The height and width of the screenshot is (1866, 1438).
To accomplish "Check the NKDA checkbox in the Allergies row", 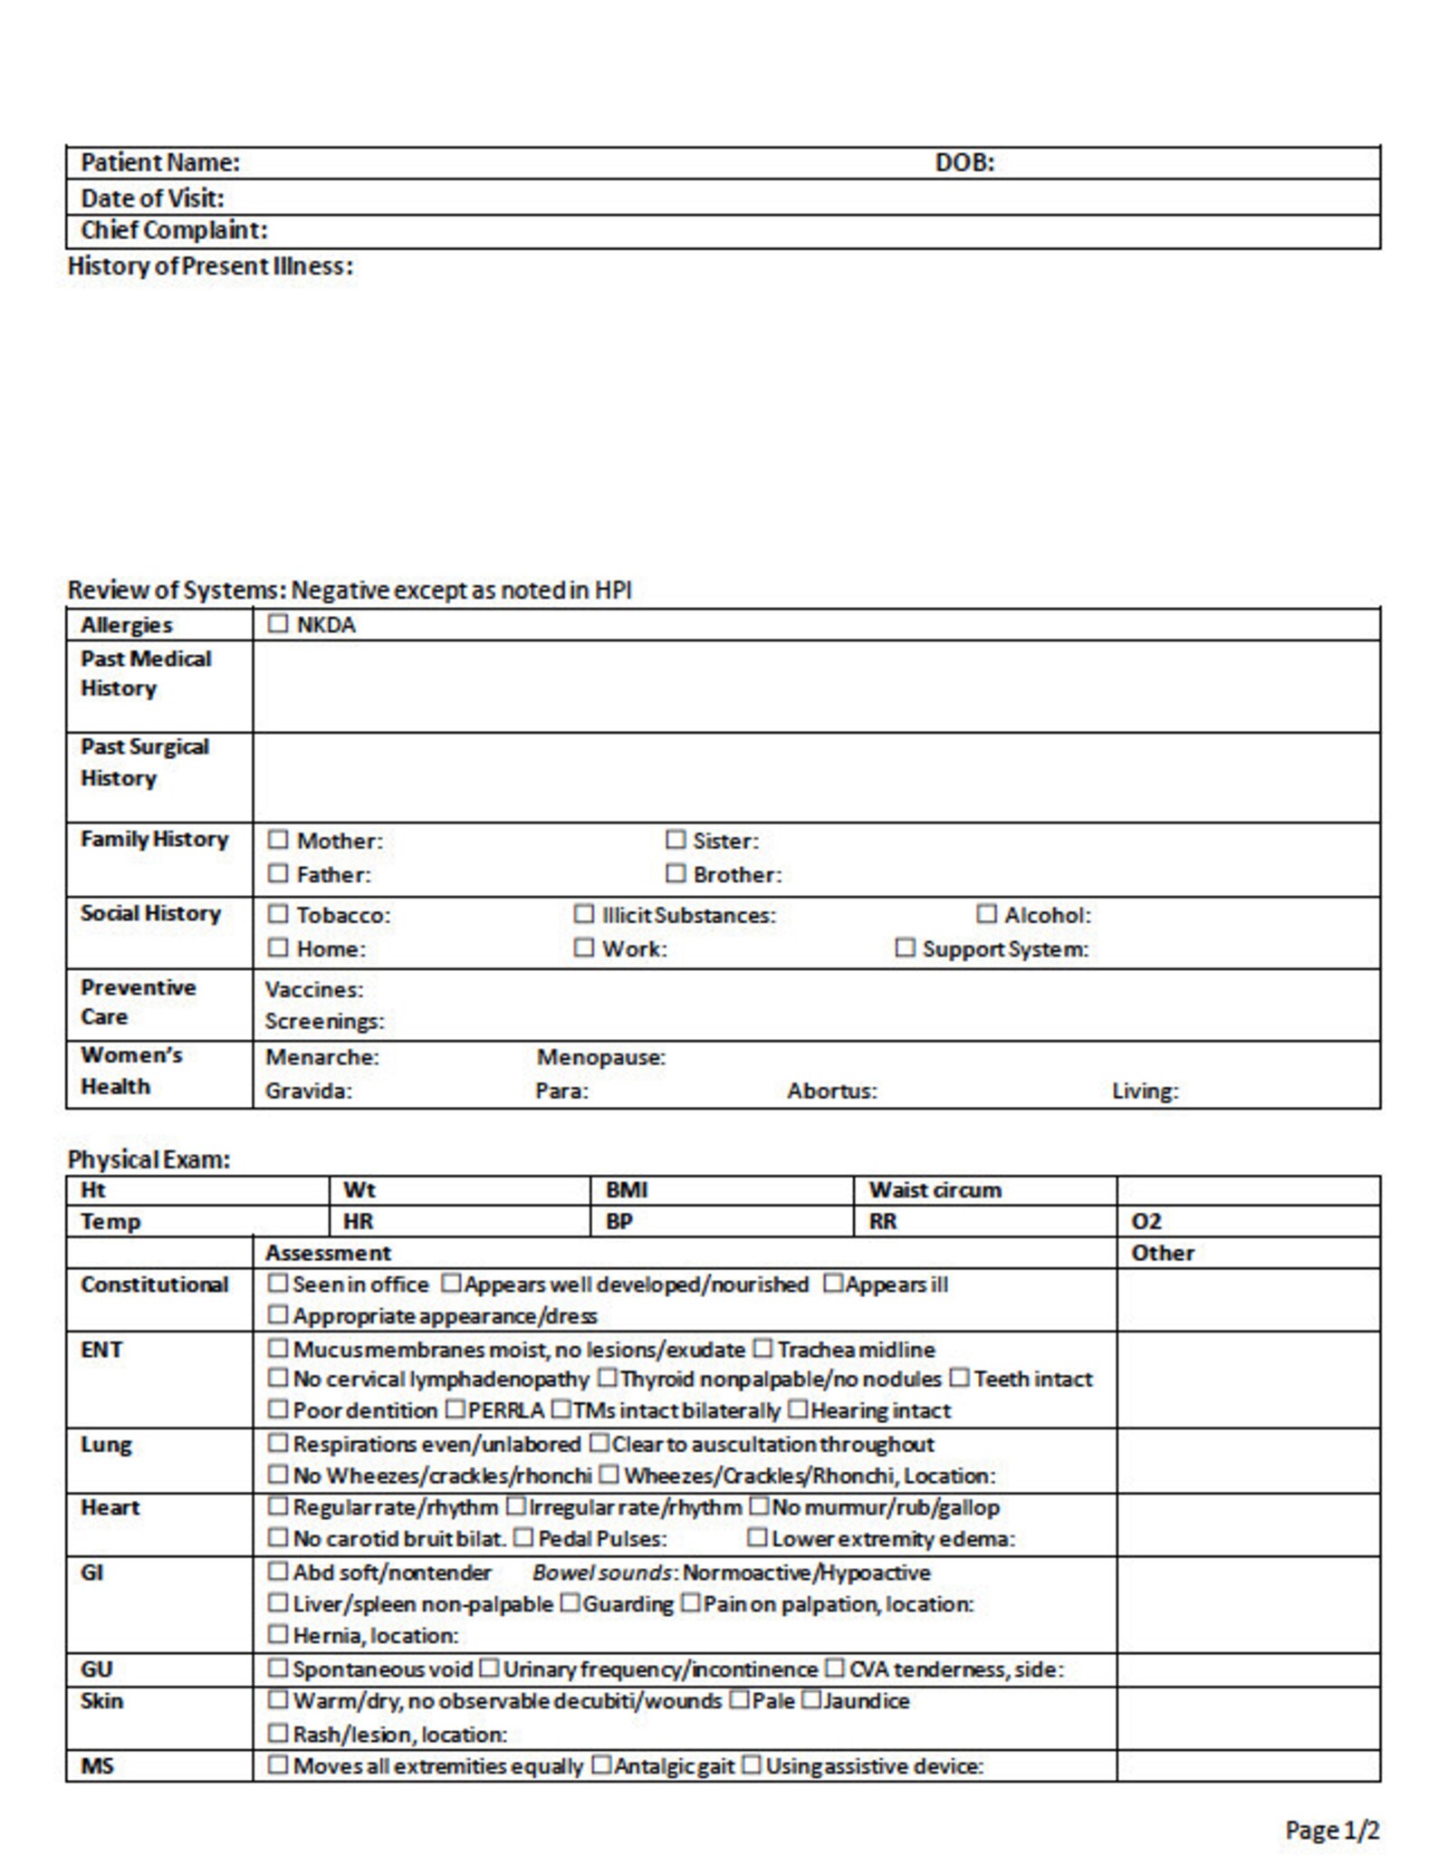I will point(278,623).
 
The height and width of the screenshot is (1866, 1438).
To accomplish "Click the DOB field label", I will point(963,163).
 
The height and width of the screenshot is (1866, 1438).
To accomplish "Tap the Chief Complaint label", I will point(174,230).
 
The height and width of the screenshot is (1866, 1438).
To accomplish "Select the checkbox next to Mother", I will point(278,840).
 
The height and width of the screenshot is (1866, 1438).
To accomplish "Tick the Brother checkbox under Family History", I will point(675,873).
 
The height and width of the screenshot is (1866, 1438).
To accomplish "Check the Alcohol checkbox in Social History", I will point(986,914).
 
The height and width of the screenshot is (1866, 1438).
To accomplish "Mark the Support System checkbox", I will point(905,947).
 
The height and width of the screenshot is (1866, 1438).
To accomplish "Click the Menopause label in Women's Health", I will point(600,1057).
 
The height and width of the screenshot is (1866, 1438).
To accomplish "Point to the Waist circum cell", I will point(935,1190).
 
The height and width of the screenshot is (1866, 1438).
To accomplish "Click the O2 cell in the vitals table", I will point(1146,1222).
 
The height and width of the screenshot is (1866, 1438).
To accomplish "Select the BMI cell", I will point(626,1190).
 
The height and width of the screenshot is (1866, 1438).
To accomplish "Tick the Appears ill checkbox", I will point(832,1284).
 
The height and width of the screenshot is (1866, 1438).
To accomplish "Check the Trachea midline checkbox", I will point(763,1349).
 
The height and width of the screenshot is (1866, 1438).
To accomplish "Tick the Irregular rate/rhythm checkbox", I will point(515,1506).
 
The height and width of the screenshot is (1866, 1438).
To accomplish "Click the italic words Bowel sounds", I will point(601,1573).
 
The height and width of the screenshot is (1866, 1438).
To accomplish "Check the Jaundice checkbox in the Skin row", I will point(810,1700).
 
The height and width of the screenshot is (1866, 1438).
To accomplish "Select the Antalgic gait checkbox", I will point(601,1765).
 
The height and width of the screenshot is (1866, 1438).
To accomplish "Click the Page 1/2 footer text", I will point(1331,1830).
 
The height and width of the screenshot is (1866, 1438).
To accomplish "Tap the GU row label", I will point(97,1669).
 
